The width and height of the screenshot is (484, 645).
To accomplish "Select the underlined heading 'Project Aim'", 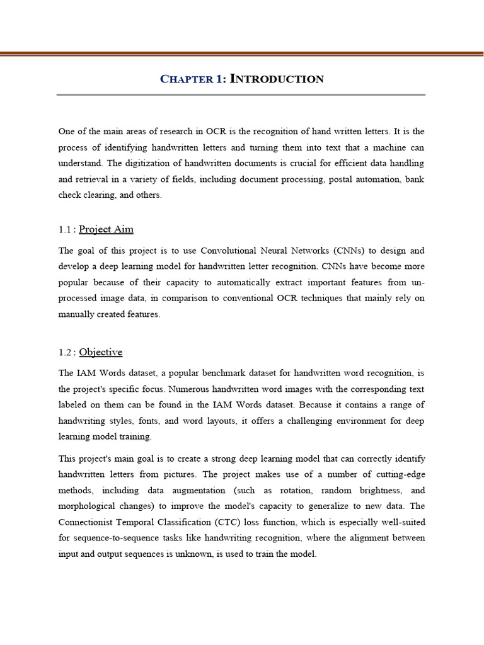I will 106,229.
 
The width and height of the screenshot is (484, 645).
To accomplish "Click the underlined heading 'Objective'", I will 101,352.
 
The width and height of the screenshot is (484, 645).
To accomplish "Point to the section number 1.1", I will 66,230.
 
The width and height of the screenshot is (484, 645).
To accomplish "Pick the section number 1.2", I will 66,353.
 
